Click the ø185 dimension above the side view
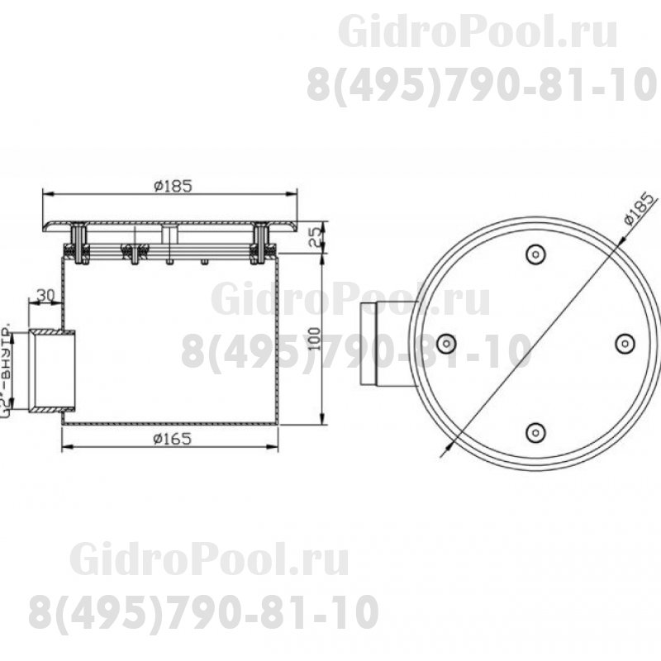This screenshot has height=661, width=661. (173, 186)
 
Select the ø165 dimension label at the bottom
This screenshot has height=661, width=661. (173, 440)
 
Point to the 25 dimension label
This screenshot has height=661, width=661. (314, 237)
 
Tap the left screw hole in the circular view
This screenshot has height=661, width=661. (446, 342)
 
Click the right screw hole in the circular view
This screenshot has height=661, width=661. (624, 341)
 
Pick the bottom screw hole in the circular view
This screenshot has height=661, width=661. (535, 430)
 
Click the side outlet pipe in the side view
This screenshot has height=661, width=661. (53, 370)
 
